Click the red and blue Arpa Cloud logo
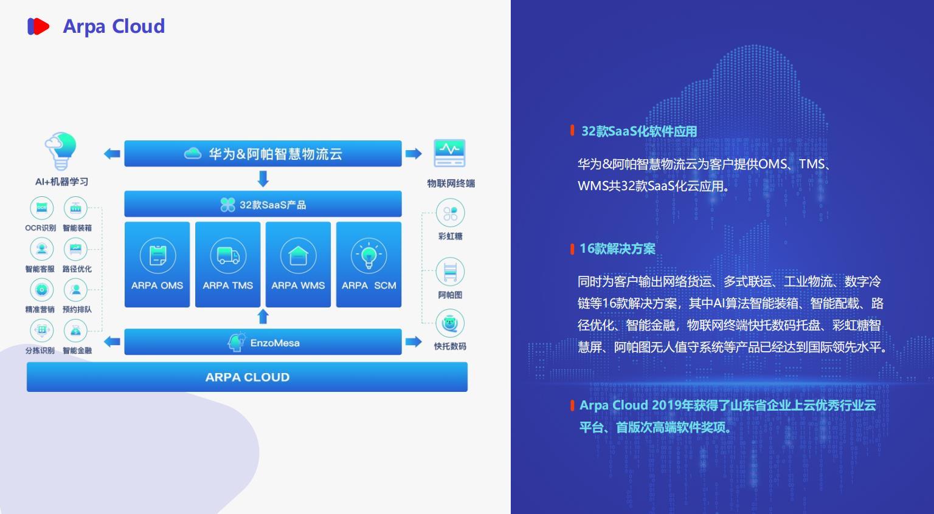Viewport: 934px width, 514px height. tap(38, 26)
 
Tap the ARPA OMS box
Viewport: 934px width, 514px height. tap(157, 264)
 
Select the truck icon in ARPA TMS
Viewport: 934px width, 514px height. tap(228, 255)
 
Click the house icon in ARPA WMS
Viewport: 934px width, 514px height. tap(298, 255)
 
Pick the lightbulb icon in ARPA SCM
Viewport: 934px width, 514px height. tap(368, 255)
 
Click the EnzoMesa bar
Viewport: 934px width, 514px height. tap(263, 342)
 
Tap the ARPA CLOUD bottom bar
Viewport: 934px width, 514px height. tap(247, 377)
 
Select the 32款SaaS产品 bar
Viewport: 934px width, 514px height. tap(263, 204)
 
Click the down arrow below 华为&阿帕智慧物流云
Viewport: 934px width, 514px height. tap(263, 179)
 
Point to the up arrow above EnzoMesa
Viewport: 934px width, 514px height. tap(263, 317)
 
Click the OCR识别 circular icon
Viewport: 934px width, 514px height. tap(42, 208)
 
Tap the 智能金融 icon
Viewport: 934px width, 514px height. tap(75, 331)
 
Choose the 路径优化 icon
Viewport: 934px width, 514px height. tap(75, 249)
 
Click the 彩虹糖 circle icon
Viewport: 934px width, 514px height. tap(450, 213)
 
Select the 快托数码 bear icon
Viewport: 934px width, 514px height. tap(450, 323)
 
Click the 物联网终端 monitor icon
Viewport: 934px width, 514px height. tap(449, 153)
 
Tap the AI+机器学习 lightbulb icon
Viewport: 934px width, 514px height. tap(61, 151)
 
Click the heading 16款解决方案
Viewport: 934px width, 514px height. tap(618, 248)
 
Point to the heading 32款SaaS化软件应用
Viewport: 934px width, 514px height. tap(639, 131)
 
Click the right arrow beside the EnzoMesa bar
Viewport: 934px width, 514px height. tap(413, 342)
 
